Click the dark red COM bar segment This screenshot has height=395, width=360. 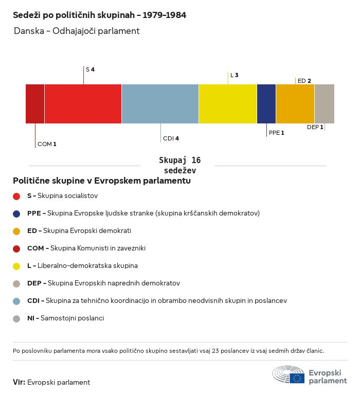click(x=35, y=104)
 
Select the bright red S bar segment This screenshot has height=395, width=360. click(x=83, y=104)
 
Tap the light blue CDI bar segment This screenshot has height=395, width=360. click(x=160, y=104)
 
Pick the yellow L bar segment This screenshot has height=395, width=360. click(x=228, y=104)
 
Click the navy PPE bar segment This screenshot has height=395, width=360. click(x=266, y=104)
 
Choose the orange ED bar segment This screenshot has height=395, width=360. click(x=295, y=104)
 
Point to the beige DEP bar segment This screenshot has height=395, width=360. click(x=325, y=104)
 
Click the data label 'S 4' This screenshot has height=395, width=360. click(x=90, y=69)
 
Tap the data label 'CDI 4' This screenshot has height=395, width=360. click(x=171, y=138)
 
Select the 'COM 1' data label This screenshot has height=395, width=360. click(x=47, y=144)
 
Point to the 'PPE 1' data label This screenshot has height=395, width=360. click(x=276, y=133)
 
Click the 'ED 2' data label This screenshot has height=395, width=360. click(x=304, y=81)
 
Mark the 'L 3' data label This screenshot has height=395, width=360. click(x=235, y=75)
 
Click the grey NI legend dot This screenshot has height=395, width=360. click(x=16, y=319)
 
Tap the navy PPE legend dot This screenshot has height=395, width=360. click(x=16, y=214)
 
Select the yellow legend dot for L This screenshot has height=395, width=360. click(x=16, y=266)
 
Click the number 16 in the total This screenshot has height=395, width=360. click(x=196, y=160)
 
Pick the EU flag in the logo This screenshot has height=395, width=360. click(x=297, y=378)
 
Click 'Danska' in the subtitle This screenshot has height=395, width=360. click(x=29, y=31)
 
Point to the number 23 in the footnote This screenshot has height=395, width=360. click(x=215, y=351)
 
